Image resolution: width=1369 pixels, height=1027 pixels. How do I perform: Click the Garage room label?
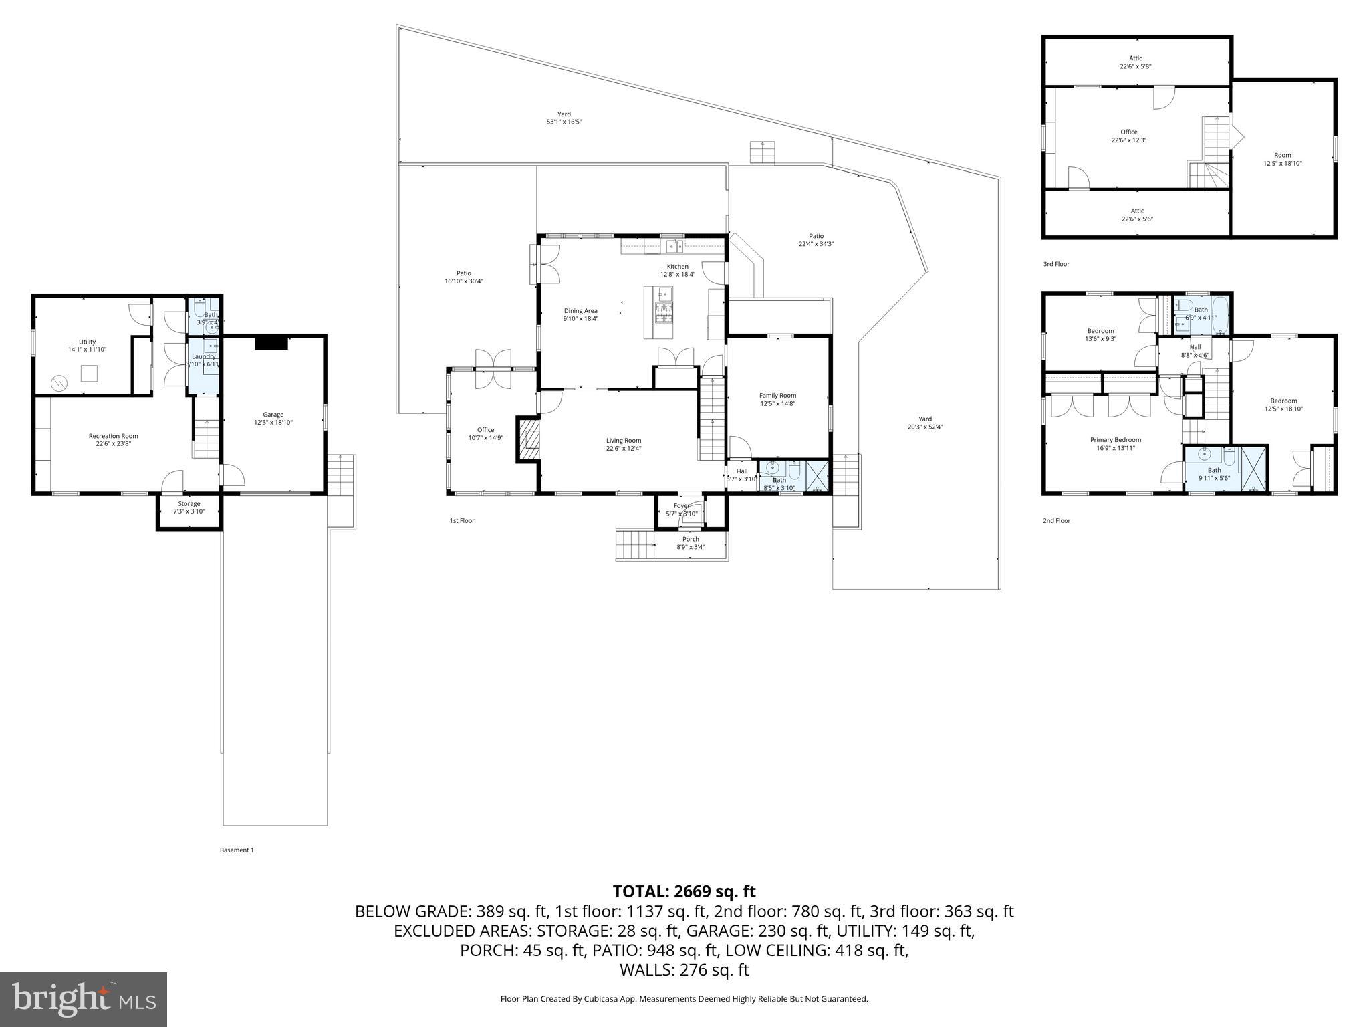tap(273, 419)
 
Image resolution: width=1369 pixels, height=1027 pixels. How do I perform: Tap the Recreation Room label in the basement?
tap(113, 439)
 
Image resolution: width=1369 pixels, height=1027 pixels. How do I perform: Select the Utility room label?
tap(87, 346)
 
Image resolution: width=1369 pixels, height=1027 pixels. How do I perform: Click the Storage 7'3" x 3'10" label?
tap(189, 507)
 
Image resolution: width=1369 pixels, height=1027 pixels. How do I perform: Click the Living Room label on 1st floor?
tap(624, 444)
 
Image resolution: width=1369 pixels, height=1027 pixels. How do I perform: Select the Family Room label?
tap(777, 399)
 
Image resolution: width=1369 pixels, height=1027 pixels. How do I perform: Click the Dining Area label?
tap(580, 314)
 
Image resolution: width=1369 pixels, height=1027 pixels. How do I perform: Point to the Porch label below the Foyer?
tap(691, 543)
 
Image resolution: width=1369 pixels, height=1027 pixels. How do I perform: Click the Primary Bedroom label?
tap(1115, 444)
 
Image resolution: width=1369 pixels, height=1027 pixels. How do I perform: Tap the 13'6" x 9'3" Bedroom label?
tap(1100, 334)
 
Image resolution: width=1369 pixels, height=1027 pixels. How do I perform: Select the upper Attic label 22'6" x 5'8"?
tap(1136, 62)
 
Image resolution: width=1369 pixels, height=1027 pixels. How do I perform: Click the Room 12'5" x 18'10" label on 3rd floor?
tap(1282, 159)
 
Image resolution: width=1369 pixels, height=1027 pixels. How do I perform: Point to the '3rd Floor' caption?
tap(1056, 264)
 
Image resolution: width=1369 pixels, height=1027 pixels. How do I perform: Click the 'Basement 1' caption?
tap(237, 850)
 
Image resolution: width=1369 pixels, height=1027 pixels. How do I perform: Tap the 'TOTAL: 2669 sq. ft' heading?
tap(684, 891)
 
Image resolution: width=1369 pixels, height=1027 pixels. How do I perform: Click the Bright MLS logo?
tap(84, 999)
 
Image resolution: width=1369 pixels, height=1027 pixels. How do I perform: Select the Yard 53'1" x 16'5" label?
tap(564, 118)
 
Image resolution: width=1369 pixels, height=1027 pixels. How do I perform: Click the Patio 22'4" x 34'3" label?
tap(816, 239)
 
